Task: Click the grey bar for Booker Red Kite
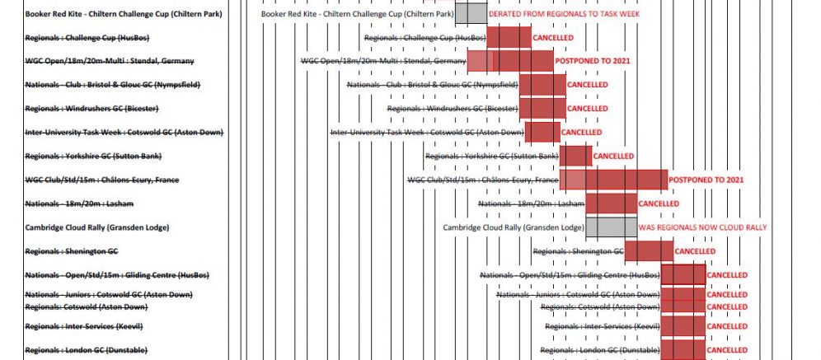coord(471,14)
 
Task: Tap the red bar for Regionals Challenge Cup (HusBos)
coord(509,38)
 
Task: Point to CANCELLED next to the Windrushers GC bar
coord(587,109)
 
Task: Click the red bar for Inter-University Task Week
coord(542,132)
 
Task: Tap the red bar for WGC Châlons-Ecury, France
coord(613,180)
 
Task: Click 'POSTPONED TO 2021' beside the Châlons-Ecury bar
coord(706,180)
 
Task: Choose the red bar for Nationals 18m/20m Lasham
coord(611,203)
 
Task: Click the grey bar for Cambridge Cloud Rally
coord(611,227)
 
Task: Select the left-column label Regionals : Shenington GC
coord(72,251)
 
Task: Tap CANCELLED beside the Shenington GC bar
coord(694,251)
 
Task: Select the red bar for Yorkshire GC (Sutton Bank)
coord(576,156)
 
